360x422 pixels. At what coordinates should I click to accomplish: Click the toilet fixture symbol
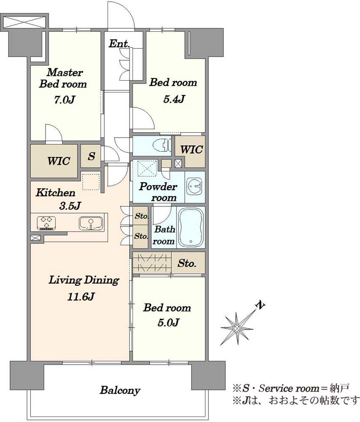pos(162,146)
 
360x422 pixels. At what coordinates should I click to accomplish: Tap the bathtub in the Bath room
pos(190,227)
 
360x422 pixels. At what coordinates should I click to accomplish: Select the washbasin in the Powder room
pos(195,186)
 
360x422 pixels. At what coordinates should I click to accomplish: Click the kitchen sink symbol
pos(91,223)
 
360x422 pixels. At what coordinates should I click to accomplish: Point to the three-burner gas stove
pos(46,223)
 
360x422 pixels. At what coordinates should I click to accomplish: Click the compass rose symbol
pos(237,328)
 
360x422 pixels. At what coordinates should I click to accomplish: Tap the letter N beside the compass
pos(260,305)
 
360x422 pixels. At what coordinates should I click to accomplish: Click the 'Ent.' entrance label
pos(119,43)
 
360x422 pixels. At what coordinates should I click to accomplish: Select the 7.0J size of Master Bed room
pos(64,100)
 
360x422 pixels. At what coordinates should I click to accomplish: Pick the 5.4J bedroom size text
pos(174,99)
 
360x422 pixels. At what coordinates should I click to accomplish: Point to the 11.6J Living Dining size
pos(81,297)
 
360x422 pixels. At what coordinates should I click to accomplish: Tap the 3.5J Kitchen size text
pos(70,206)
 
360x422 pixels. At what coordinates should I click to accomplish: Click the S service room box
pos(91,156)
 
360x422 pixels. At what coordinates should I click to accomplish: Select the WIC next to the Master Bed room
pos(54,161)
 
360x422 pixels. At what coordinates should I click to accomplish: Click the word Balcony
pos(120,390)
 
